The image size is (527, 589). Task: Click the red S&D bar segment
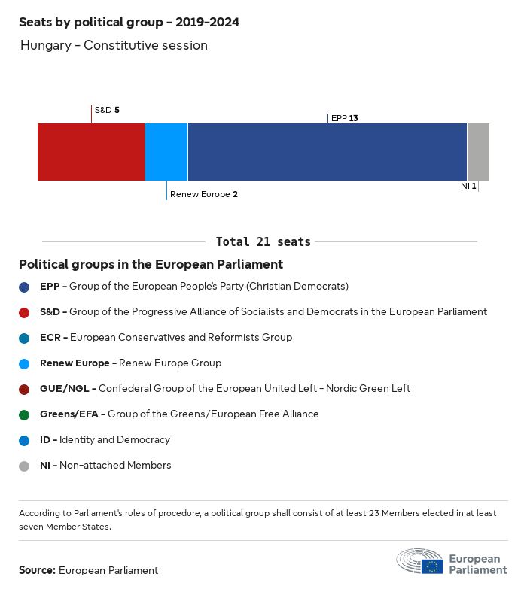pos(91,152)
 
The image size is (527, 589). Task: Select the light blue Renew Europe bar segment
pos(166,152)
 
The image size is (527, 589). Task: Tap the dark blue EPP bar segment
pos(327,152)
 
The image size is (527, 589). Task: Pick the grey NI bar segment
pos(478,152)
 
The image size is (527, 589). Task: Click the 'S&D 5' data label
pos(107,110)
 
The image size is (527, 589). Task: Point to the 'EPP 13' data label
pos(344,118)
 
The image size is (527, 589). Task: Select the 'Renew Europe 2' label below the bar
pos(204,194)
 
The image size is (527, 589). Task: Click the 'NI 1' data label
pos(468,186)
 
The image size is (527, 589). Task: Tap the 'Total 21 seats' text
pos(263,241)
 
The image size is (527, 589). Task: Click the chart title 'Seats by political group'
pos(129,22)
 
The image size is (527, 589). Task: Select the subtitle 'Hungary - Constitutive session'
pos(114,45)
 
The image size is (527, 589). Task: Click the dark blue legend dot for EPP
pos(24,287)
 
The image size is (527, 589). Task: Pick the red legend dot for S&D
pos(24,312)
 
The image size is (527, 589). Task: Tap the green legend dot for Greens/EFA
pos(24,414)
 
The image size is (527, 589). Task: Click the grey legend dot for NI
pos(24,466)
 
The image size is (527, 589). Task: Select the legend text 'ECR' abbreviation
pos(50,337)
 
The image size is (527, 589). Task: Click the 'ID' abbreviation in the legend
pos(45,439)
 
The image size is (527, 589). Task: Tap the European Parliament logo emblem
pos(420,562)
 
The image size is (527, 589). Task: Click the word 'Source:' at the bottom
pos(37,570)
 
